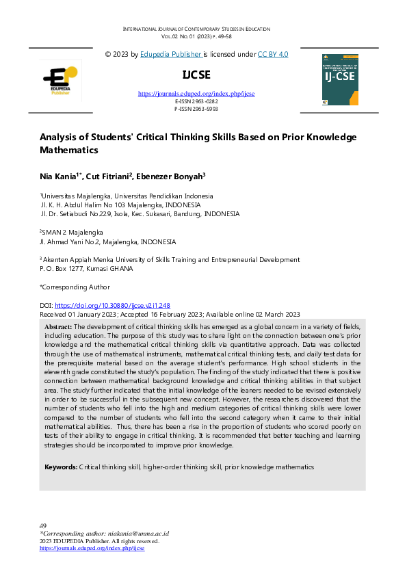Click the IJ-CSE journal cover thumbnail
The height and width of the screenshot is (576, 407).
[339, 79]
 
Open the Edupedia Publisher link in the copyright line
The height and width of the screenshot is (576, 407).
[171, 53]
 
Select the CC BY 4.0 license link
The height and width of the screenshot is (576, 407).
[272, 53]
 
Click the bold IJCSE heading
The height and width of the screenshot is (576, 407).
[196, 75]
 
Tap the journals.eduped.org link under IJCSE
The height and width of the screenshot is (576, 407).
[196, 93]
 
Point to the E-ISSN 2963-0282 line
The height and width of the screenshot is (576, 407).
[196, 101]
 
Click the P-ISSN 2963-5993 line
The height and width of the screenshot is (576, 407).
[196, 108]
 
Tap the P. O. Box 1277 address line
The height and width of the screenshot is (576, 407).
[86, 269]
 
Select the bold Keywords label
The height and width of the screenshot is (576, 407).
[60, 467]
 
